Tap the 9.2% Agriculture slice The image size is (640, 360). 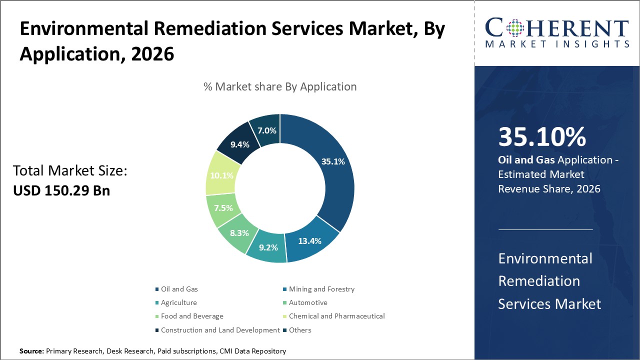pos(267,247)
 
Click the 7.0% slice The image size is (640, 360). pos(265,130)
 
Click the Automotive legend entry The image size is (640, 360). pos(307,302)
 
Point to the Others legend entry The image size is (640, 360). pos(299,330)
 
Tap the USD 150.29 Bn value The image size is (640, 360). pos(61,191)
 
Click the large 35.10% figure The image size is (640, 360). pos(542,137)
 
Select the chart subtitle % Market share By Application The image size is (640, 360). pos(280,86)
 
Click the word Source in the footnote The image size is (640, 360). pos(31,351)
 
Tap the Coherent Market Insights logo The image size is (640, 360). pos(557,33)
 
